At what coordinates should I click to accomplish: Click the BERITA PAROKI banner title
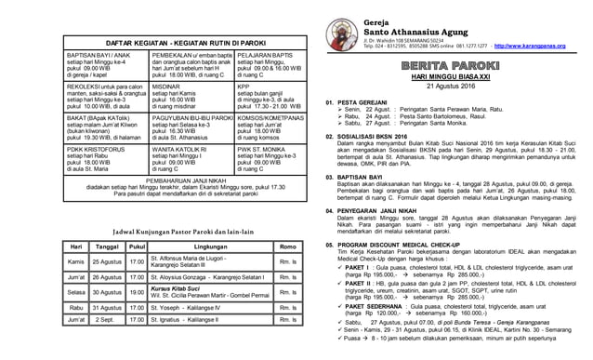pos(452,68)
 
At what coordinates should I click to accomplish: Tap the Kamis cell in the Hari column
pos(75,262)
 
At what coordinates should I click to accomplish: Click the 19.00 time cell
pos(137,292)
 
